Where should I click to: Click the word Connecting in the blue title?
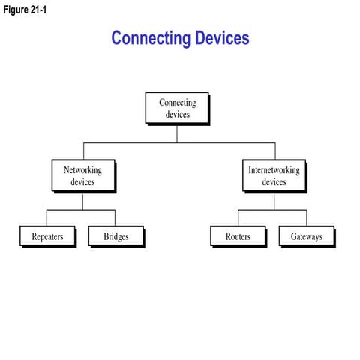coord(149,38)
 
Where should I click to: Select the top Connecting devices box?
coord(177,108)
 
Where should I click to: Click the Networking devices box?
coord(82,176)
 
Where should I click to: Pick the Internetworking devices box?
coord(274,176)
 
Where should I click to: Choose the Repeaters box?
coord(47,236)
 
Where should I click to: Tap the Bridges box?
coord(115,236)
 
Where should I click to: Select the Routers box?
coord(238,236)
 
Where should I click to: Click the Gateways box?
coord(306,236)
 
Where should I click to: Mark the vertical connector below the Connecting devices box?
coord(177,133)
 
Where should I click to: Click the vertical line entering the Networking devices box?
coord(82,151)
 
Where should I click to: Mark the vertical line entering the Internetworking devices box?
coord(274,151)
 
